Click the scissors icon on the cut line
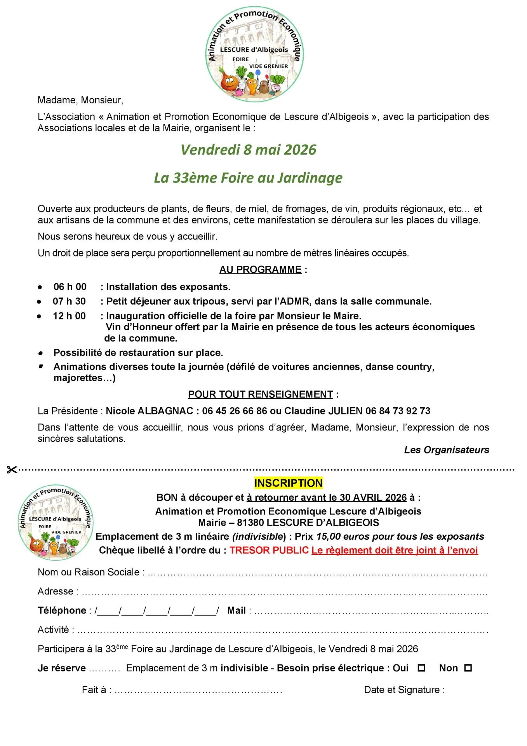[x=12, y=470]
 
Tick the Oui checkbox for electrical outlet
[x=421, y=668]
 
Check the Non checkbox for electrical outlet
[x=468, y=668]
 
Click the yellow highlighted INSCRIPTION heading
[x=288, y=483]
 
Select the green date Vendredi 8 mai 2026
[x=249, y=150]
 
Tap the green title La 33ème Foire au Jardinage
[x=248, y=178]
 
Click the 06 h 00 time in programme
[x=70, y=287]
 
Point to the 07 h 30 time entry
[x=69, y=302]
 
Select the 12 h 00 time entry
[x=69, y=316]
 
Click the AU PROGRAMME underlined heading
[x=260, y=270]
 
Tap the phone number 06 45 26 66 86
[x=235, y=411]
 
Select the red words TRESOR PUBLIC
[x=269, y=551]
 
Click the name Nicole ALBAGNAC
[x=150, y=411]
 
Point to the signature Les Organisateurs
[x=446, y=450]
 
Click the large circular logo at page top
[x=254, y=54]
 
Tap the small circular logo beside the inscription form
[x=56, y=522]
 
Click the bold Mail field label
[x=237, y=610]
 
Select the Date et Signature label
[x=404, y=690]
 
